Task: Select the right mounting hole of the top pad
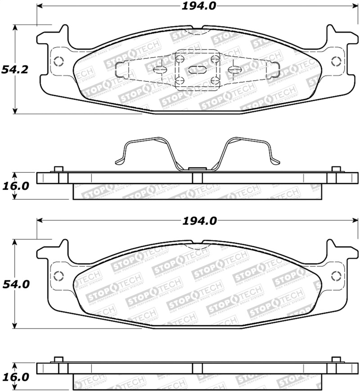pyautogui.click(x=336, y=62)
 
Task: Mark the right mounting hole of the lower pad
pyautogui.click(x=336, y=276)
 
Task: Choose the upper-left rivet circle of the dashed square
pyautogui.click(x=180, y=59)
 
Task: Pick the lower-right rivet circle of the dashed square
pyautogui.click(x=215, y=80)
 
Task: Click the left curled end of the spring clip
pyautogui.click(x=119, y=160)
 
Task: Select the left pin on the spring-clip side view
pyautogui.click(x=57, y=169)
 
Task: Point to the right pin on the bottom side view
pyautogui.click(x=336, y=359)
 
